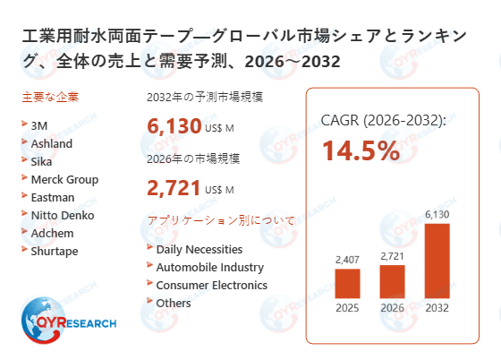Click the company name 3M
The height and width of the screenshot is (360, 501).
[39, 125]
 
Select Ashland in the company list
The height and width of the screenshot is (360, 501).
[52, 143]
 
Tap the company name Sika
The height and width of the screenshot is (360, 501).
[42, 161]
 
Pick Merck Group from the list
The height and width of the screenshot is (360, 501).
[64, 179]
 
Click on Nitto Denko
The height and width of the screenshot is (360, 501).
[63, 215]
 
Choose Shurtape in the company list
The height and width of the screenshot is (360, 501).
[55, 251]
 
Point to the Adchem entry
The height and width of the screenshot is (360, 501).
[53, 233]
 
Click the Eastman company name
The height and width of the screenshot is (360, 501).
[53, 197]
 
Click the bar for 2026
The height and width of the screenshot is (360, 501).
[393, 281]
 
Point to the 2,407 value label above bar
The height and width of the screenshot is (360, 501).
[346, 260]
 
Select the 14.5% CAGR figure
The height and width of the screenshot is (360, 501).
[361, 150]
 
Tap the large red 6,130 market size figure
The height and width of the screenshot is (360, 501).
[173, 126]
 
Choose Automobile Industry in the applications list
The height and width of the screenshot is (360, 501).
[209, 267]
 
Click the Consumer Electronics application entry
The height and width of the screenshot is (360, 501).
[211, 285]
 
